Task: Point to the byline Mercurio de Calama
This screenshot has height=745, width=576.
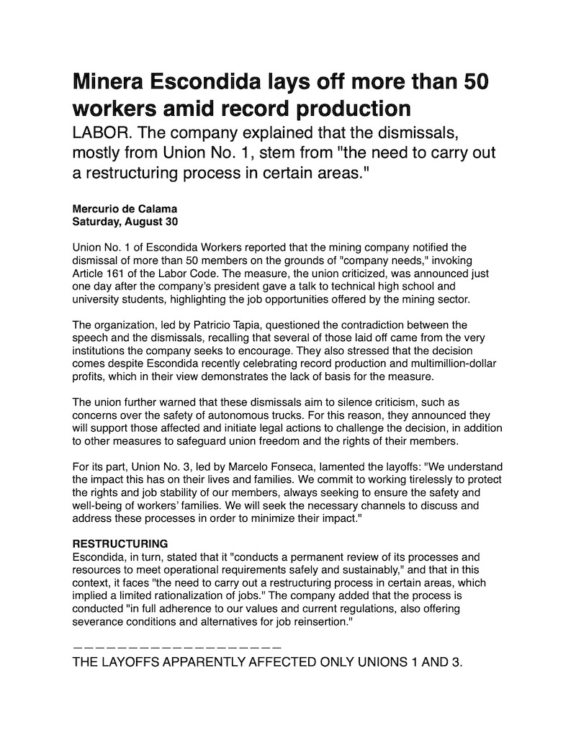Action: tap(125, 209)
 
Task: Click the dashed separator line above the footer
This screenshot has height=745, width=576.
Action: tap(177, 647)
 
